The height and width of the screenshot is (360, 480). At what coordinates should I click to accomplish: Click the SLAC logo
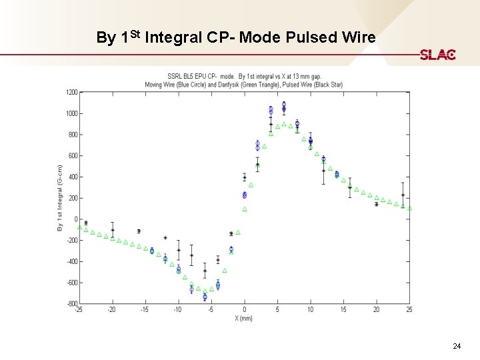(437, 55)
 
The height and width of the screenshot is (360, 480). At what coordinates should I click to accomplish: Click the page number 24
(457, 346)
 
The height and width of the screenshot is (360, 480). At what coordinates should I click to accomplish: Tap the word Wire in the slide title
(357, 37)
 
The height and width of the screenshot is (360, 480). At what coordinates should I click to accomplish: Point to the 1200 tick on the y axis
(71, 92)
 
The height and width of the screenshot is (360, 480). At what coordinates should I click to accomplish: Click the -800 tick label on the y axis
(71, 304)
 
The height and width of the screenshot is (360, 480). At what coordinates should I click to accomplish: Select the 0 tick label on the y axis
(76, 219)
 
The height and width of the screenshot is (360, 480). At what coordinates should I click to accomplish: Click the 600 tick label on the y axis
(73, 156)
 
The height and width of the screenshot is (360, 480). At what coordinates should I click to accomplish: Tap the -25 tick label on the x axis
(79, 310)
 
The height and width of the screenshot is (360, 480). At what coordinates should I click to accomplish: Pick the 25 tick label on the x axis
(409, 310)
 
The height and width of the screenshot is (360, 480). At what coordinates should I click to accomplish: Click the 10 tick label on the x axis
(310, 310)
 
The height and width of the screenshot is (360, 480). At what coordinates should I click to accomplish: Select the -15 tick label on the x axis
(145, 310)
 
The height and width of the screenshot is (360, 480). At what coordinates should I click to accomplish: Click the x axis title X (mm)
(243, 318)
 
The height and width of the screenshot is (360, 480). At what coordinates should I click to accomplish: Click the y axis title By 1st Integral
(59, 198)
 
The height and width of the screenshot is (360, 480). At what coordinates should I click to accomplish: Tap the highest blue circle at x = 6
(284, 105)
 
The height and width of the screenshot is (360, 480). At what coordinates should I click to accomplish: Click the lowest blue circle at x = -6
(205, 297)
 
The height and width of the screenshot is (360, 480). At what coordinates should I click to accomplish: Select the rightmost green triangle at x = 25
(409, 208)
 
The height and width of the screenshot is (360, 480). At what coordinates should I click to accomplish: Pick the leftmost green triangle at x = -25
(79, 227)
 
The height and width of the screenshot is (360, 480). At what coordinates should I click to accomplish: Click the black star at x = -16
(139, 231)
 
